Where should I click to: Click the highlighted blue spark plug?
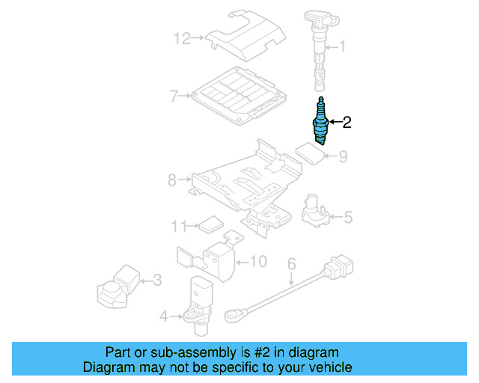click(x=320, y=123)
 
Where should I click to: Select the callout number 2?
click(x=347, y=122)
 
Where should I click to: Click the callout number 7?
click(x=173, y=96)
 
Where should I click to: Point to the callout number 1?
click(x=342, y=47)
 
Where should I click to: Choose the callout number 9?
click(x=343, y=157)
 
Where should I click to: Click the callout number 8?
click(x=171, y=180)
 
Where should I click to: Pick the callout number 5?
click(x=348, y=218)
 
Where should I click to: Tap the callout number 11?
click(x=177, y=225)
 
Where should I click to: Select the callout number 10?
click(x=257, y=261)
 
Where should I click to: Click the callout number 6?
click(x=292, y=263)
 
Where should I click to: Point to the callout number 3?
click(x=156, y=281)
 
